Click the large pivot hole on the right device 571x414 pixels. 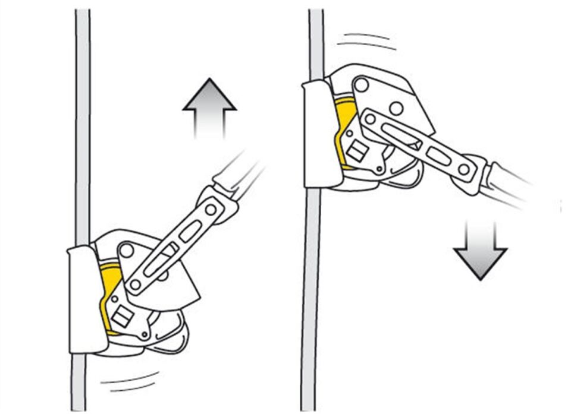(361, 85)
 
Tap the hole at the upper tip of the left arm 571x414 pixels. (211, 209)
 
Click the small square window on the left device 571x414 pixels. (121, 317)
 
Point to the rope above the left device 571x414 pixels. (82, 119)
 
